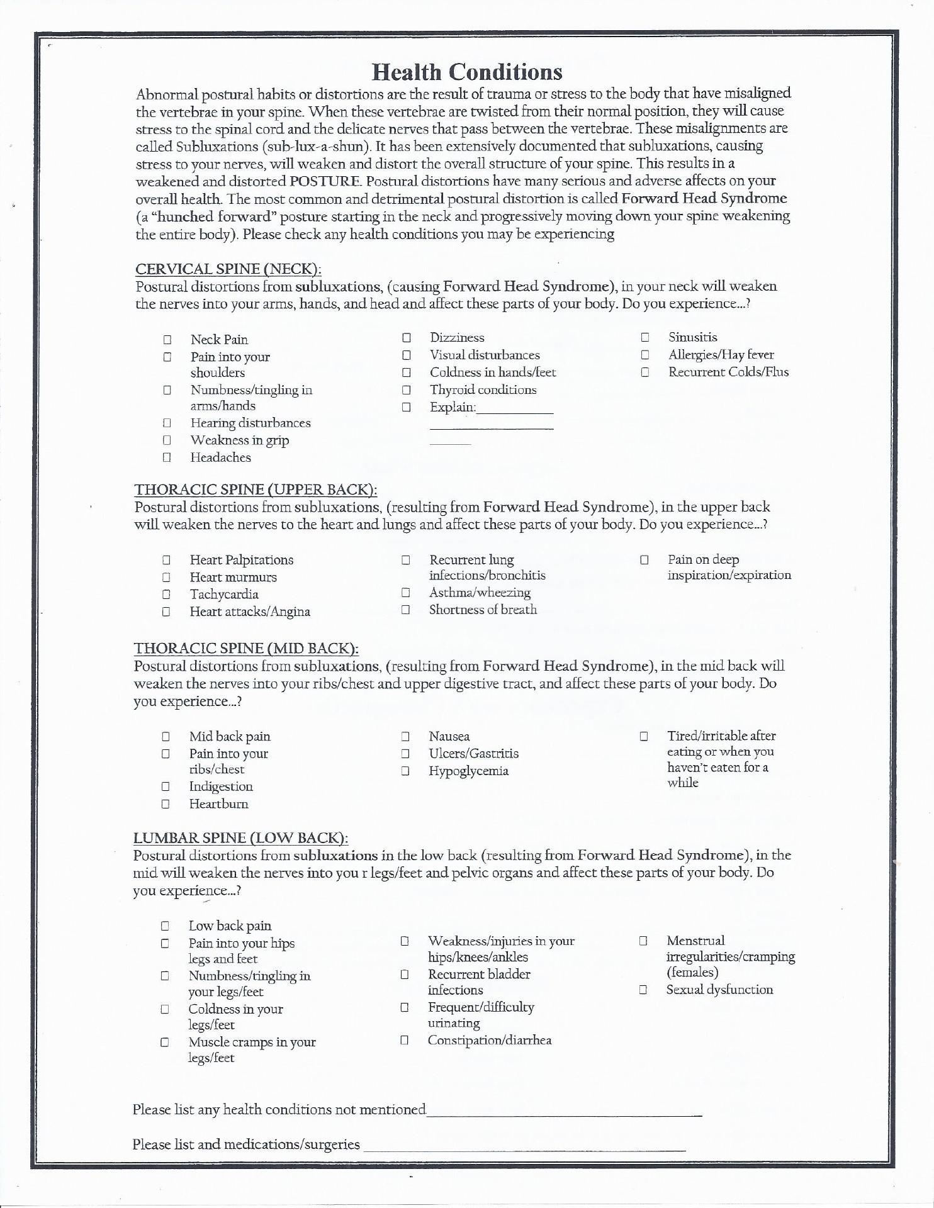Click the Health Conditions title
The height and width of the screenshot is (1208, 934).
point(467,72)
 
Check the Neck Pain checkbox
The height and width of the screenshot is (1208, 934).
point(167,340)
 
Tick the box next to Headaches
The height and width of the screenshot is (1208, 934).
point(167,458)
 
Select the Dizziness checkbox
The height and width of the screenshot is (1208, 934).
point(407,338)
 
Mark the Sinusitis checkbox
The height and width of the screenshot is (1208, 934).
point(645,338)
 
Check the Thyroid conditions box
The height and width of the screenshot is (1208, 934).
point(407,390)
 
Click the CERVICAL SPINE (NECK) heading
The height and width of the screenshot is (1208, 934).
point(228,269)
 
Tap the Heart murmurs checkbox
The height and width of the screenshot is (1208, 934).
point(166,577)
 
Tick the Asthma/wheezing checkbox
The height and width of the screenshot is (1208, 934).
point(406,593)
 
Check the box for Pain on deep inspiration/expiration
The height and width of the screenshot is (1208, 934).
point(644,559)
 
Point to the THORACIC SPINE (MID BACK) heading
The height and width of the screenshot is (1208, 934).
point(246,649)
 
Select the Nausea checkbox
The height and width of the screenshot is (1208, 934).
point(406,736)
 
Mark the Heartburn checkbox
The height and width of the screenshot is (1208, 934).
point(166,804)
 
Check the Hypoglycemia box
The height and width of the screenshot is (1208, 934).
point(406,771)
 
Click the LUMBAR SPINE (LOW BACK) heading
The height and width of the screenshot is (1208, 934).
point(240,838)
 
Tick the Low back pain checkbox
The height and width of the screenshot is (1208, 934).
point(165,926)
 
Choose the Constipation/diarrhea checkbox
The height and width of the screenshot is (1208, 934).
point(405,1041)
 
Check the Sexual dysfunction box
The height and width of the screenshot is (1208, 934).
point(643,990)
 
